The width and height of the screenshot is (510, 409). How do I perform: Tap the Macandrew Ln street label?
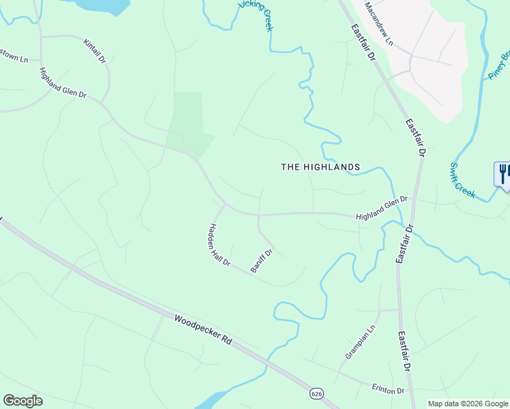click(379, 23)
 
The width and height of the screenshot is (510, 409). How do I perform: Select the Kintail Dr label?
click(95, 51)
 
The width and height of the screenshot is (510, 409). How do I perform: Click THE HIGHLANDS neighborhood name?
click(320, 167)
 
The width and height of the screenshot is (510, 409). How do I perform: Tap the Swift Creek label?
click(462, 180)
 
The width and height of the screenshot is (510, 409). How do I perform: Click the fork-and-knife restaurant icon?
click(503, 173)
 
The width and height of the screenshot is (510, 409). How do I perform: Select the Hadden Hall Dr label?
click(220, 245)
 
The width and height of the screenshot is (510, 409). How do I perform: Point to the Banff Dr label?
click(261, 261)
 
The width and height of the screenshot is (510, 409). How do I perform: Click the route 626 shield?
click(316, 394)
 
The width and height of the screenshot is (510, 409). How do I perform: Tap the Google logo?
click(22, 400)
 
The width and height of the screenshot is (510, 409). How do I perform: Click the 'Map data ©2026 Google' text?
click(468, 404)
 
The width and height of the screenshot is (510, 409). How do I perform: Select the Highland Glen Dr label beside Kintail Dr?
click(63, 84)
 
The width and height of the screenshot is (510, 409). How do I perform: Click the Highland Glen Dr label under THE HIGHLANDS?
click(381, 208)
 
